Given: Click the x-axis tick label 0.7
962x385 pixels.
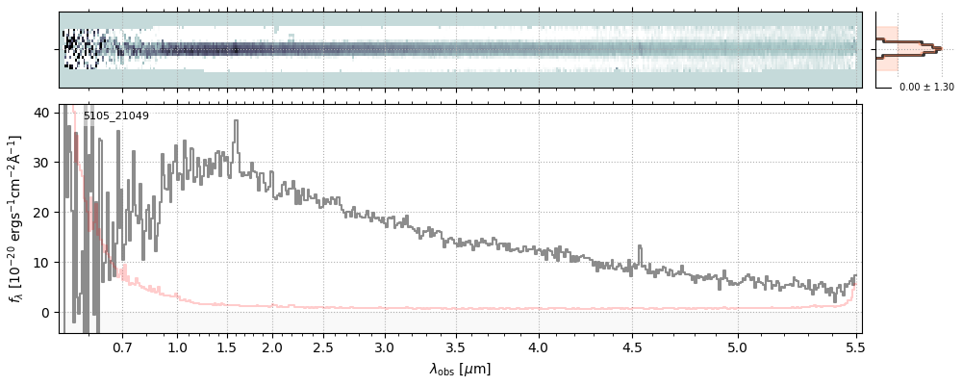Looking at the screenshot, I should coord(122,346).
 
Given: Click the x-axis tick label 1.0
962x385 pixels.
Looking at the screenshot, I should coord(177,346).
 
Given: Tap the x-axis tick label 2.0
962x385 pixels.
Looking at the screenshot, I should coord(272,346).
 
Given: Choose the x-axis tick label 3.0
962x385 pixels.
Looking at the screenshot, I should coord(385,346).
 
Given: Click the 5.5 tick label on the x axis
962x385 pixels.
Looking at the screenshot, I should coord(852,346).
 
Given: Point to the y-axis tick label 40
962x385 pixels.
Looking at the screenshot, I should coord(41,112).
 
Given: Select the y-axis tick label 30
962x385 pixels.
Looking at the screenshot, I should coord(41,162).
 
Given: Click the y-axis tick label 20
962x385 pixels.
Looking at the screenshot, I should coord(41,212).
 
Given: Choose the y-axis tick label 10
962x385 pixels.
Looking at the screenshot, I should coord(41,262).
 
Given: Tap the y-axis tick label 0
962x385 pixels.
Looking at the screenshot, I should coord(45,312).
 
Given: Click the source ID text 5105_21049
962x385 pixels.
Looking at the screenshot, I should coord(115,116).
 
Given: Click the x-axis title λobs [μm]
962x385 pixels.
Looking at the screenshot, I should coord(460,369).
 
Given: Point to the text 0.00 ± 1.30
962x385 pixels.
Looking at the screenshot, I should coord(926,88).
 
